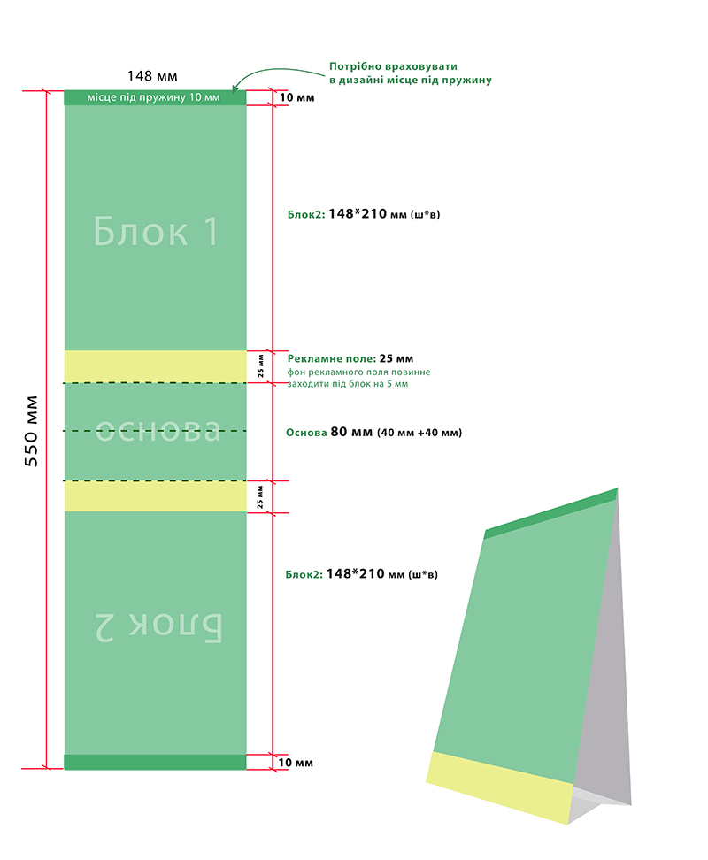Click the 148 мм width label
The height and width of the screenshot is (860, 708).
152,76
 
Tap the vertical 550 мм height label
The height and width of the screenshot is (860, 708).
31,431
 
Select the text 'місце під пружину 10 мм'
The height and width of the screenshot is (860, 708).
154,97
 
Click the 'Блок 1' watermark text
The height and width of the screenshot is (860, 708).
156,231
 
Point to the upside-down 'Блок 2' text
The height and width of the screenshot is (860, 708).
158,626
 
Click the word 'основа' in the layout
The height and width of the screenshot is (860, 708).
158,430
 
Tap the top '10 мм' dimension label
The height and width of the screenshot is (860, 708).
297,97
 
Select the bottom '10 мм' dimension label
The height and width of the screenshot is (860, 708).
296,763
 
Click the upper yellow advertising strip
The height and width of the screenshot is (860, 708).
155,366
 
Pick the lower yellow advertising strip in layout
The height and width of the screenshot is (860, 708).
155,496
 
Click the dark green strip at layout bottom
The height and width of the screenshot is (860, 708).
155,762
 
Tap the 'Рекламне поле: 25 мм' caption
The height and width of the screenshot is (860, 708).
350,358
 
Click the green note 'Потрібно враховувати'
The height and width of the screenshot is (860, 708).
393,66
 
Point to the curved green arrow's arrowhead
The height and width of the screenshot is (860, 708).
235,88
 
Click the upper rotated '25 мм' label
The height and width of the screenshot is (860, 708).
260,365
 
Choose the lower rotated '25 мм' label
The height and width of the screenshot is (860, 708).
260,496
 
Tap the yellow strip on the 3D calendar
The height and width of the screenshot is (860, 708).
500,787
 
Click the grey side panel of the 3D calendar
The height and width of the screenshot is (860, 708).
602,658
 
